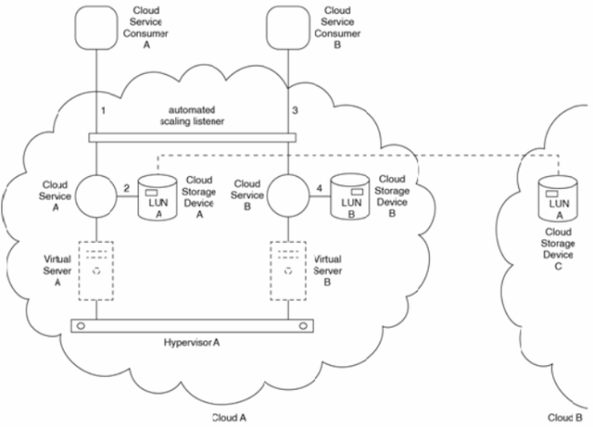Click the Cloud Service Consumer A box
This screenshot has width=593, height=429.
coord(96,27)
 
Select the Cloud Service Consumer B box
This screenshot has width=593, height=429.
coord(288,27)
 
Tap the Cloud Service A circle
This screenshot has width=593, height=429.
coord(96,196)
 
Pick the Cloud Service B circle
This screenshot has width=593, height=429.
coord(288,196)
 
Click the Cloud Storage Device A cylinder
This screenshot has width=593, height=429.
coord(157,197)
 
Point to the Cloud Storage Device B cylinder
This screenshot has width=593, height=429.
coord(350,197)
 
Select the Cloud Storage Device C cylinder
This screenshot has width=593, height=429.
coord(558,199)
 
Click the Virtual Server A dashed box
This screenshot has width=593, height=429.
coord(96,271)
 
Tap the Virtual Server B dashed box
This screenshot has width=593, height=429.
coord(288,271)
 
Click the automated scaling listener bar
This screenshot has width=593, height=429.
coord(192,138)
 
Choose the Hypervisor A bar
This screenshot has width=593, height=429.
coord(192,326)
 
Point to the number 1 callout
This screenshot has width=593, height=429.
coord(103,110)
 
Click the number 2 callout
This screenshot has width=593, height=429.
coord(127,188)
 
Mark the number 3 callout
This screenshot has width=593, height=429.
coord(295,110)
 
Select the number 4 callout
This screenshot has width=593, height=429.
coord(319,188)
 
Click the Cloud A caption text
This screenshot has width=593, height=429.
coord(229,418)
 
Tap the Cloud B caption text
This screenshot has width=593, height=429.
coord(565,418)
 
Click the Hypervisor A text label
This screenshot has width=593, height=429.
coord(192,343)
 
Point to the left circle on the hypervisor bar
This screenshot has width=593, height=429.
coord(81,326)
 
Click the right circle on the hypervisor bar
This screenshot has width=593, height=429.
coord(303,326)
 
